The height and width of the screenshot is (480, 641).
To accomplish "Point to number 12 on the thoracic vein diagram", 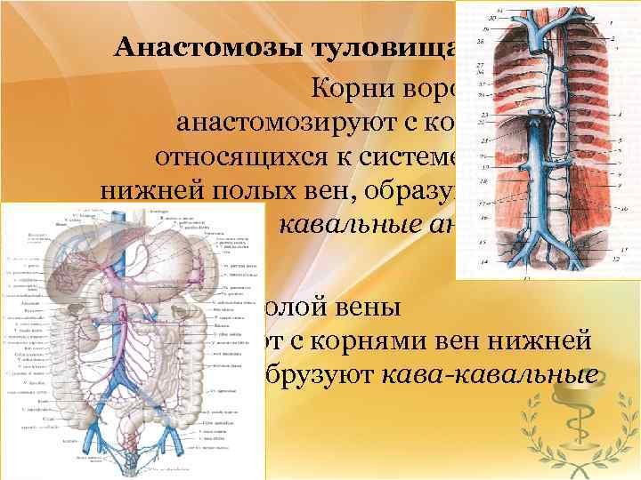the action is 616,258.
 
